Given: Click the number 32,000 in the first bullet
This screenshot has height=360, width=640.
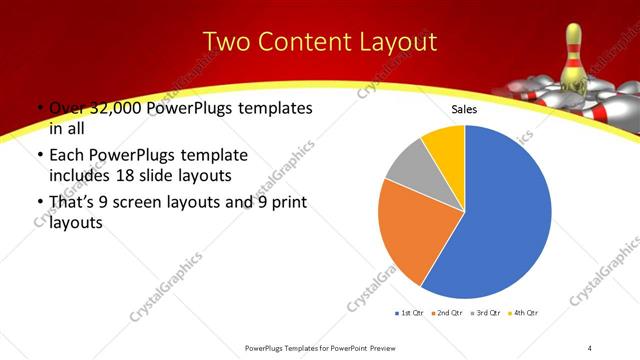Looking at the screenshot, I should (x=122, y=108).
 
